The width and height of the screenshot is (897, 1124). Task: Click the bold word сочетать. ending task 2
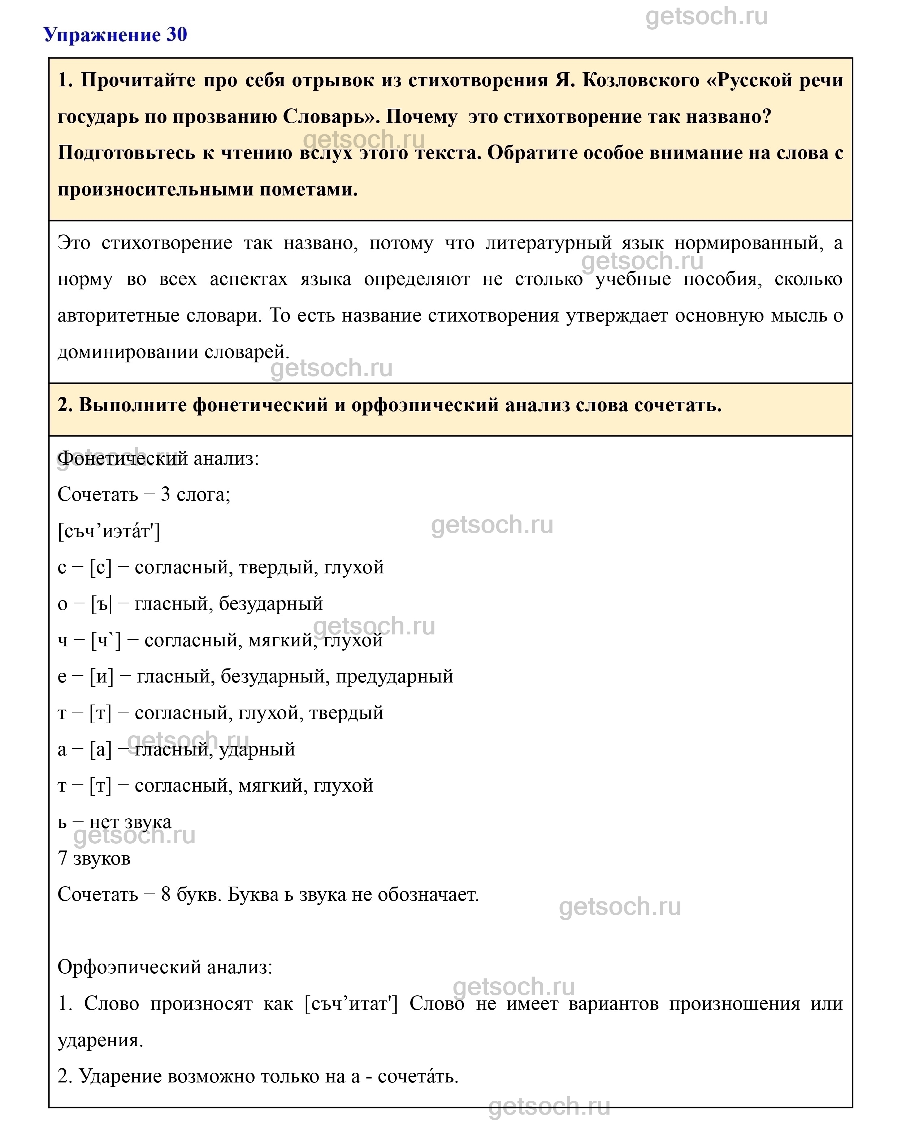pyautogui.click(x=677, y=405)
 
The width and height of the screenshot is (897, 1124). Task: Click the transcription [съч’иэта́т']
pyautogui.click(x=109, y=531)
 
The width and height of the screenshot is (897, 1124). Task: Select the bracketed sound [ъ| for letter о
pyautogui.click(x=101, y=604)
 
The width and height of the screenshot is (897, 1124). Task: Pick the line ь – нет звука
pyautogui.click(x=114, y=822)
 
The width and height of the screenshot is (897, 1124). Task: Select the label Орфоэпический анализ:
pyautogui.click(x=165, y=967)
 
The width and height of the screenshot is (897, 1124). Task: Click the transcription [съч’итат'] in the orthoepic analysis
pyautogui.click(x=351, y=1004)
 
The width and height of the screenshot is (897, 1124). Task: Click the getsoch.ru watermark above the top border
pyautogui.click(x=706, y=17)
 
